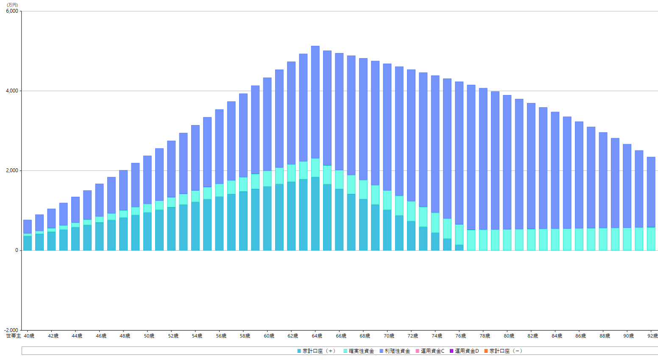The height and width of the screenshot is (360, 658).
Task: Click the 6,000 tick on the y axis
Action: pyautogui.click(x=12, y=11)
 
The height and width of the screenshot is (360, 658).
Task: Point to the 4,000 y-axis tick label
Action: pyautogui.click(x=12, y=91)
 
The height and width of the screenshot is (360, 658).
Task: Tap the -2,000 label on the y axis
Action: pyautogui.click(x=11, y=330)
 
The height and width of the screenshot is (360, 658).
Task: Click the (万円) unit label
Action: pyautogui.click(x=12, y=5)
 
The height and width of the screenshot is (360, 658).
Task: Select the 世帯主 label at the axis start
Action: pyautogui.click(x=14, y=336)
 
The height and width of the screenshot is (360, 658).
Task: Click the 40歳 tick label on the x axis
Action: pyautogui.click(x=29, y=336)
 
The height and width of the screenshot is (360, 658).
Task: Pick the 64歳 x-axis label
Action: pyautogui.click(x=317, y=336)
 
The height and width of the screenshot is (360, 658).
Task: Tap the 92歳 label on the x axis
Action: pyautogui.click(x=652, y=336)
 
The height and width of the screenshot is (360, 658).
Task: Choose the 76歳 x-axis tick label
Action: pyautogui.click(x=460, y=336)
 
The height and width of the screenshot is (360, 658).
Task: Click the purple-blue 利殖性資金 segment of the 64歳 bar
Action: pyautogui.click(x=315, y=102)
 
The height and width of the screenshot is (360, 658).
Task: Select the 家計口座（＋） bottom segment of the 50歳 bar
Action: pyautogui.click(x=147, y=231)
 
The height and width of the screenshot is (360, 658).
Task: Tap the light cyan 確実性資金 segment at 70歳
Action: pyautogui.click(x=387, y=200)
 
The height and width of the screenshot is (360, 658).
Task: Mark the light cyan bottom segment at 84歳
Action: pyautogui.click(x=555, y=240)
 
